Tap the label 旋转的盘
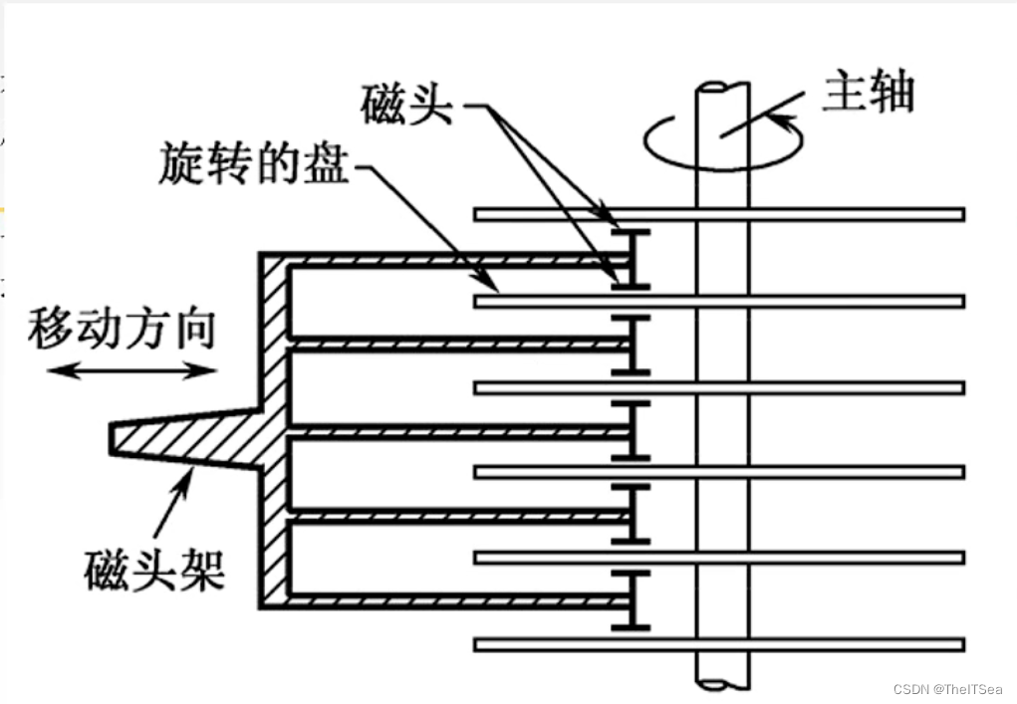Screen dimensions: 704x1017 tap(254, 163)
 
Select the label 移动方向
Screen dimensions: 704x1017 tap(122, 327)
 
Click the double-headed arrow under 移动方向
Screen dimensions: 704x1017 tap(133, 371)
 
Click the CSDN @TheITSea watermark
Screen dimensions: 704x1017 tap(947, 689)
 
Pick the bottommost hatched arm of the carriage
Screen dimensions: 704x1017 tap(458, 601)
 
